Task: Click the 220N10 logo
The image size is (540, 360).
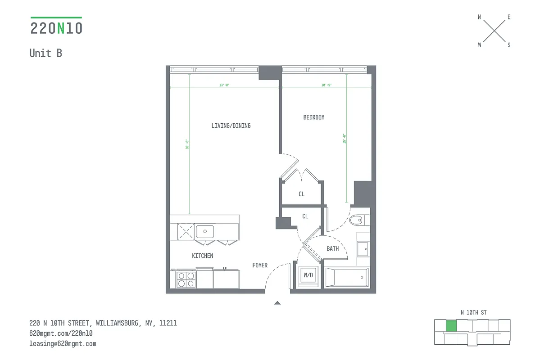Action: pos(56,28)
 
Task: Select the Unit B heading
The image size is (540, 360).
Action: pos(45,53)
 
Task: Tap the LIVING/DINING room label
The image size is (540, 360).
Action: pos(231,126)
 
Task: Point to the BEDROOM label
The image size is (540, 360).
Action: pos(313,117)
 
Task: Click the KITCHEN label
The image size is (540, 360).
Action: pos(202,256)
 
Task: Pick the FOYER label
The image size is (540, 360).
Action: pos(260,265)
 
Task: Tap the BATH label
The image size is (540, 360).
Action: pos(332,248)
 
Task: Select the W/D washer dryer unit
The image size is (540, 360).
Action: pos(308,275)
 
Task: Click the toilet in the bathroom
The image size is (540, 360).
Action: pos(358,220)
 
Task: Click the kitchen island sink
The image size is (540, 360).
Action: pos(205,231)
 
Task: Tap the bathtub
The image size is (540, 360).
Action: pos(347,277)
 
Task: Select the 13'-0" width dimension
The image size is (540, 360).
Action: pos(224,85)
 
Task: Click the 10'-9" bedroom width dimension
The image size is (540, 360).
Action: pos(327,85)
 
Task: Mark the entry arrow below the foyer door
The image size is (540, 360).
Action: pos(277,303)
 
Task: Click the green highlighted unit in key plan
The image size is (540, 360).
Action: pos(450,326)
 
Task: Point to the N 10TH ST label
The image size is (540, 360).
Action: pos(473,312)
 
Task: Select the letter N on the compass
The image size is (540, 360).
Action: pos(479,17)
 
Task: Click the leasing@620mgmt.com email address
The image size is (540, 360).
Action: pos(63,343)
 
